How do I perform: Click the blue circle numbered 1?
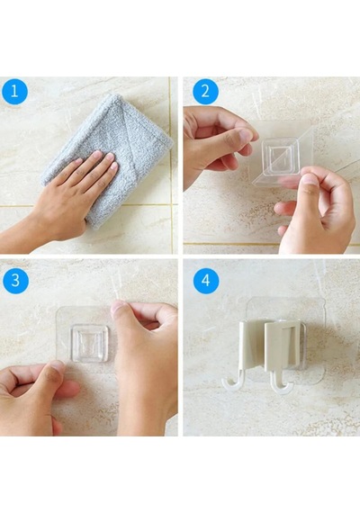point(14,91)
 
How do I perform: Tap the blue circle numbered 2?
point(205,91)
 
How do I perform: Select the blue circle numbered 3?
point(15,281)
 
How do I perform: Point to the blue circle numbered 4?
point(206,281)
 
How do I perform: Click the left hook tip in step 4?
point(226,383)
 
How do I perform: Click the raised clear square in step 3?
point(90,343)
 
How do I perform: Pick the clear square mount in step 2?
point(281,157)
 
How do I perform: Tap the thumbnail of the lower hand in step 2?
point(310,179)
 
